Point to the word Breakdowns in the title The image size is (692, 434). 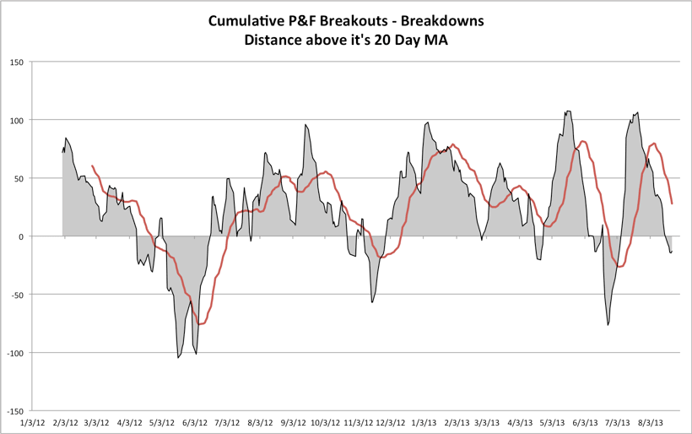(445, 20)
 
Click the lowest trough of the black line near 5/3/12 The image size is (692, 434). (178, 358)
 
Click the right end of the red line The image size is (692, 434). (672, 203)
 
